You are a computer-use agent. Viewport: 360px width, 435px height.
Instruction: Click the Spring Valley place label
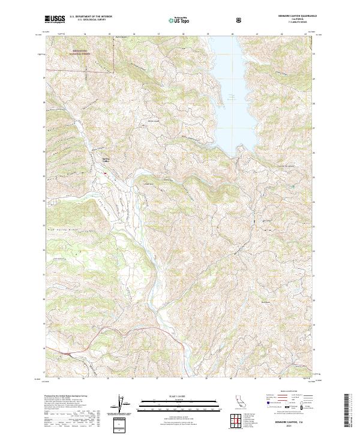click(106, 160)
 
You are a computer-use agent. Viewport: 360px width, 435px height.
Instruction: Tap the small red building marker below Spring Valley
click(106, 173)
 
